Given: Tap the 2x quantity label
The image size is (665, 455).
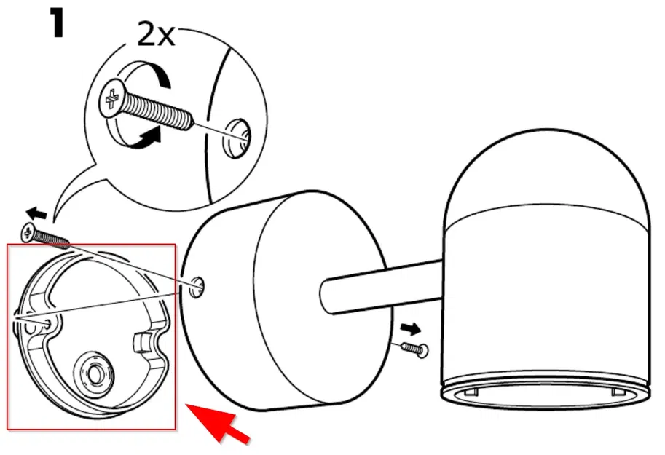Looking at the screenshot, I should pos(156,34).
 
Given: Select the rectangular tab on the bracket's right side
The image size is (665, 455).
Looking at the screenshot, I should pos(144,341).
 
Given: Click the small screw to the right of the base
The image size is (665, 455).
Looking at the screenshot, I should pos(414,349).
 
